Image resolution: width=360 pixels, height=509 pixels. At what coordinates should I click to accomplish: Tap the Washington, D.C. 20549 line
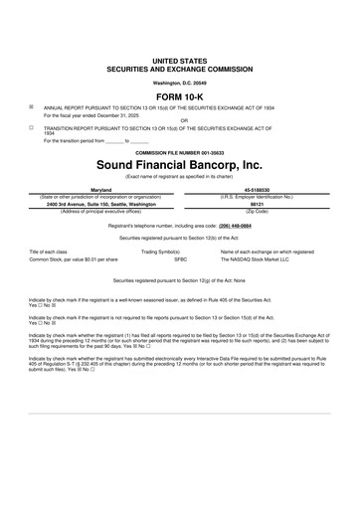(179, 82)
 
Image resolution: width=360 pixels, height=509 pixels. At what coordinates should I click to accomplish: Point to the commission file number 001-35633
(179, 151)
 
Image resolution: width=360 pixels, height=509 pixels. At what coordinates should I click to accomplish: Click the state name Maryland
(101, 188)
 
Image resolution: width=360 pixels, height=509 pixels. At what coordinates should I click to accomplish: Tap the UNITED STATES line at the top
(179, 61)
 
